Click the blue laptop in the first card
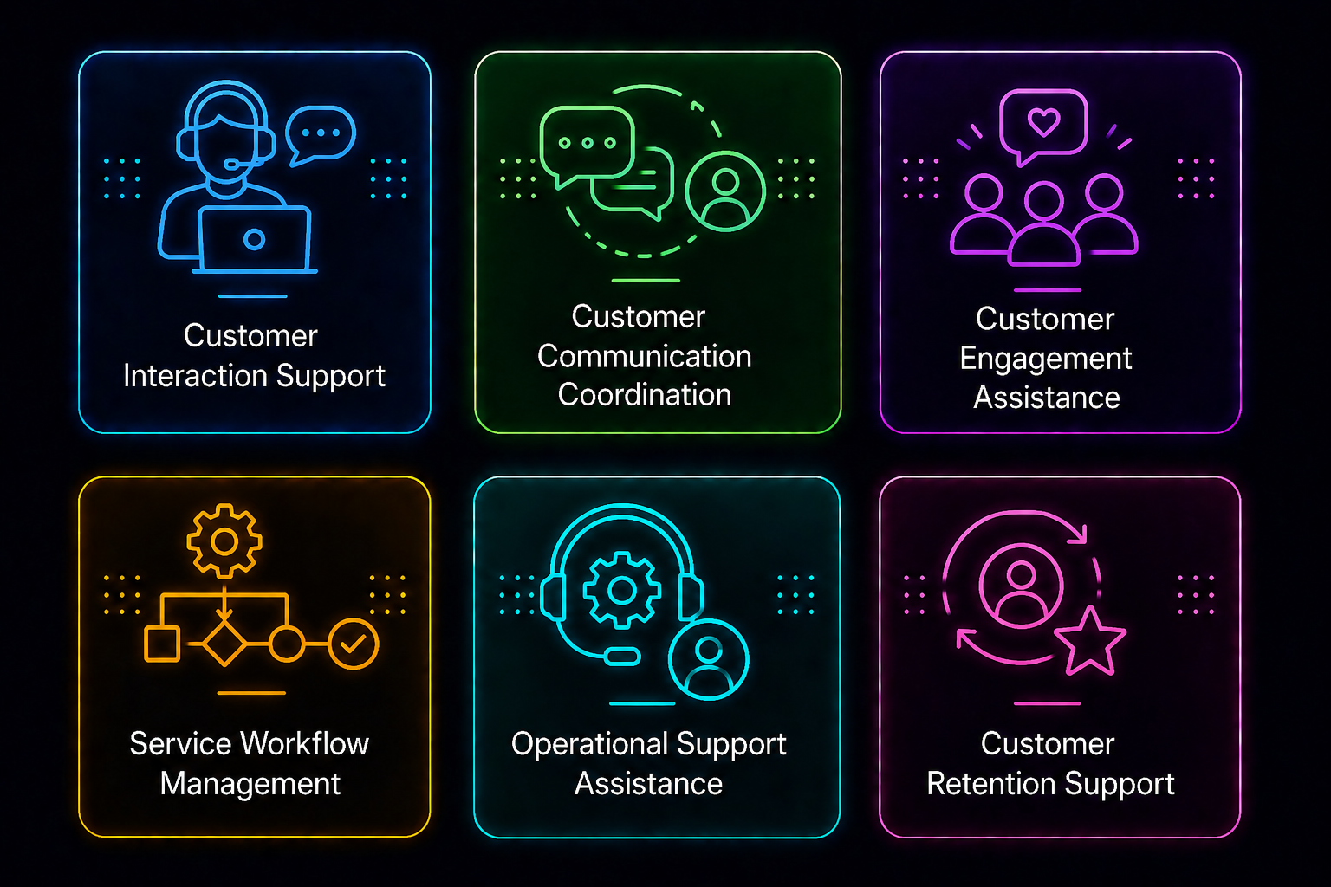pos(254,240)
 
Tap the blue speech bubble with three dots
pos(321,135)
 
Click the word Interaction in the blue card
pos(196,376)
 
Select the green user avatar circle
pos(725,191)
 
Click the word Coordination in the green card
pos(645,394)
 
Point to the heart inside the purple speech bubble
pos(1044,121)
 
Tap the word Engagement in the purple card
pos(1046,359)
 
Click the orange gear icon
pos(224,541)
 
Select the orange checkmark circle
pos(354,644)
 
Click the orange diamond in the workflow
pos(224,644)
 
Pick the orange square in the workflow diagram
pos(162,644)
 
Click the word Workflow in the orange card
pos(305,744)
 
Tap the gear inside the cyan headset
pos(622,590)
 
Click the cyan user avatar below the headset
pos(708,660)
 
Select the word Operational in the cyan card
pos(589,745)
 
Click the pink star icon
pos(1090,642)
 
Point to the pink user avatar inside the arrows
pos(1021,586)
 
